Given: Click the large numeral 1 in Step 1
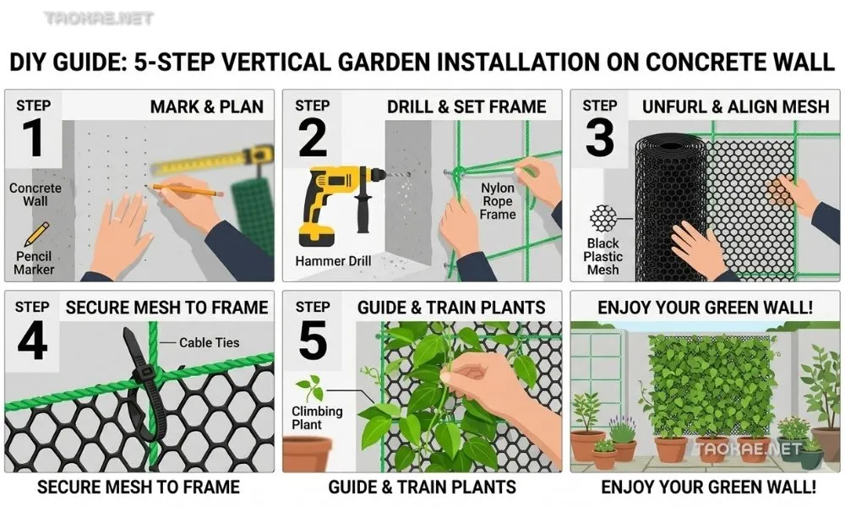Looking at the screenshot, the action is (34, 138).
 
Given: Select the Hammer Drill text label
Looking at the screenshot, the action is (333, 261).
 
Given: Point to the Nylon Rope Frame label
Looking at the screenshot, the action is (498, 201).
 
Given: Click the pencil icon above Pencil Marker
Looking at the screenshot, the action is (36, 234).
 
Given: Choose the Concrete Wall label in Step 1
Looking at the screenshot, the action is (35, 194).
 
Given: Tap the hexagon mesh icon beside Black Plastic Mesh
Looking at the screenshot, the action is (602, 219).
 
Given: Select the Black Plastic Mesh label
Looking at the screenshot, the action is (602, 257).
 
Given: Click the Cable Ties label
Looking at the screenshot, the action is (209, 343).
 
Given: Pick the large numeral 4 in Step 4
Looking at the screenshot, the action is (32, 341).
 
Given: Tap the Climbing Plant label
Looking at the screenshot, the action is (317, 417).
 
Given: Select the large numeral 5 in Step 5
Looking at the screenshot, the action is (313, 340).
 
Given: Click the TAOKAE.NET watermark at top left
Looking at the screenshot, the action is (99, 19).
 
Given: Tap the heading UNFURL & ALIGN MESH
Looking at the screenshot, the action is (736, 106).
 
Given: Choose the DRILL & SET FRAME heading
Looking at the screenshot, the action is (466, 106).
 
